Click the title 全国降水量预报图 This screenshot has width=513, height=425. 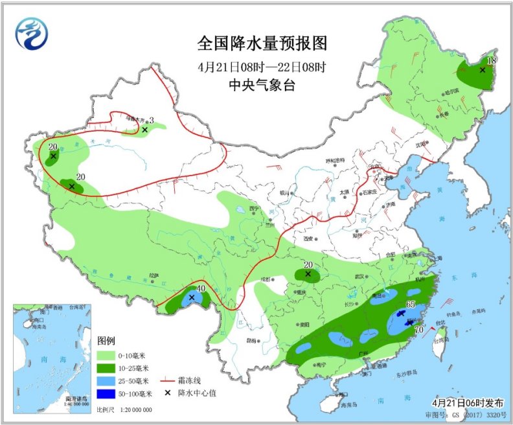262,43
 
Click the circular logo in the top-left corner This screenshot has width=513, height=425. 33,32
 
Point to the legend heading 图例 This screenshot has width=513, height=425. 106,340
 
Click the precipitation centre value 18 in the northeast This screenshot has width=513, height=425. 490,60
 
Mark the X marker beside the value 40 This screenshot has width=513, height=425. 192,297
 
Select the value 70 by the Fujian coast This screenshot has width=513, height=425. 419,330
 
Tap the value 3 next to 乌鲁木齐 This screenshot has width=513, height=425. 151,120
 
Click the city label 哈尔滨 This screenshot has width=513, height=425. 451,92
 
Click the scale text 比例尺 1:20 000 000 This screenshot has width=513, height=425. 124,410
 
